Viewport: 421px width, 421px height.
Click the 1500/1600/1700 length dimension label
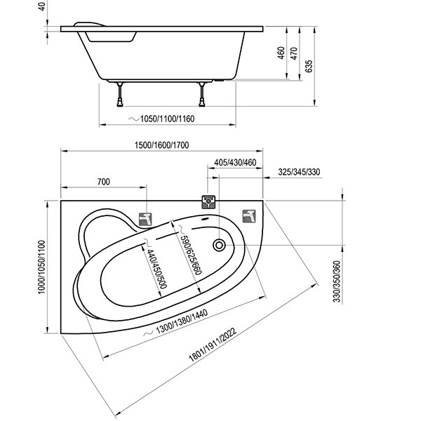(x=161, y=145)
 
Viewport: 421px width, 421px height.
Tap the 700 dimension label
(x=103, y=182)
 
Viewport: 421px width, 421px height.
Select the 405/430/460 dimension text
(x=235, y=163)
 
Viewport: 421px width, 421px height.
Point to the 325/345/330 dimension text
(x=299, y=172)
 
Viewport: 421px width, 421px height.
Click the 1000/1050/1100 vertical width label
(x=41, y=267)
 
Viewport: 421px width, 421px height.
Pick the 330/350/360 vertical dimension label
(x=337, y=281)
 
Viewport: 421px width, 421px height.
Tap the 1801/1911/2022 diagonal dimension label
(x=213, y=345)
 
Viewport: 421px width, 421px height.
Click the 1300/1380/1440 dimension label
(x=182, y=322)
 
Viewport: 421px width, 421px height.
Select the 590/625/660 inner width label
(x=191, y=255)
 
